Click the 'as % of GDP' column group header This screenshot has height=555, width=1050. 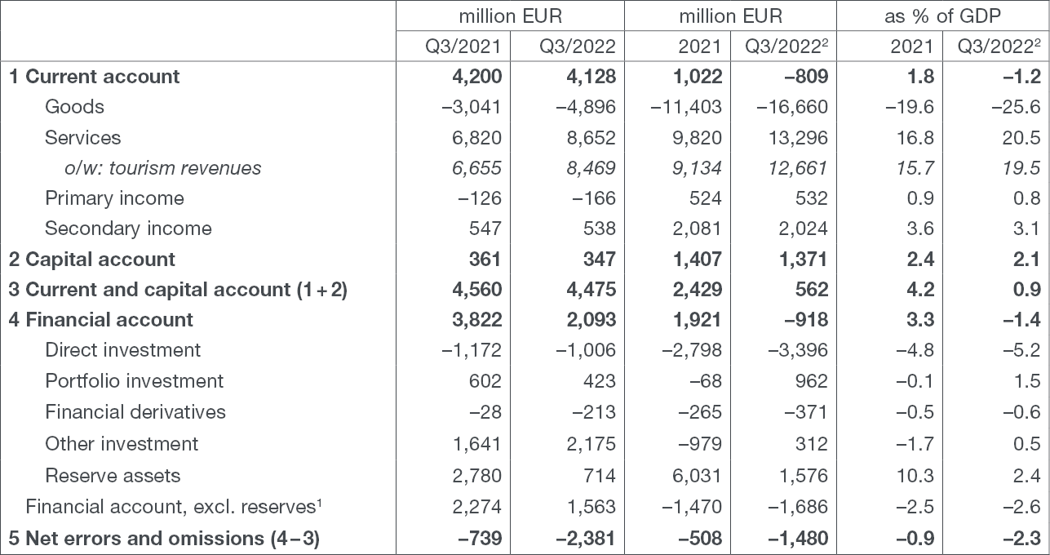[x=942, y=16]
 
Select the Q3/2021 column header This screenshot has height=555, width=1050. [x=463, y=47]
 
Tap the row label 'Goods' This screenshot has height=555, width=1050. [x=74, y=107]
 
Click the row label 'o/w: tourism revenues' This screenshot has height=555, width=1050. [x=163, y=168]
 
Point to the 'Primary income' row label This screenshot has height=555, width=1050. [x=114, y=198]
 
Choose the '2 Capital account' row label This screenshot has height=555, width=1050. [x=92, y=260]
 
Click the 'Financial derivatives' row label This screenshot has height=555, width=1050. [x=135, y=412]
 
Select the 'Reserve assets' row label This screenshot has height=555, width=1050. [x=113, y=476]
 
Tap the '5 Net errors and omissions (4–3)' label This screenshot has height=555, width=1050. [x=164, y=539]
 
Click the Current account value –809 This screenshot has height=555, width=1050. [x=806, y=77]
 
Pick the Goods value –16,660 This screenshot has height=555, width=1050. [x=792, y=107]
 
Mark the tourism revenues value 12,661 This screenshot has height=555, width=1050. [x=798, y=168]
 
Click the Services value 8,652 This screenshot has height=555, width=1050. [x=591, y=138]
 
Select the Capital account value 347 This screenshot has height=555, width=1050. [x=600, y=260]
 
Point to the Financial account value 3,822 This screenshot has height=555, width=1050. [x=477, y=320]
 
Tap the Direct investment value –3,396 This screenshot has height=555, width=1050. [x=798, y=350]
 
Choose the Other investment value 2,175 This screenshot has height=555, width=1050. [x=591, y=444]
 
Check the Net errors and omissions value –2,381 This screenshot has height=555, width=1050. [x=585, y=539]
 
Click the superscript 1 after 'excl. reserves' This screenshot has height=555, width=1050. [x=319, y=503]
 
